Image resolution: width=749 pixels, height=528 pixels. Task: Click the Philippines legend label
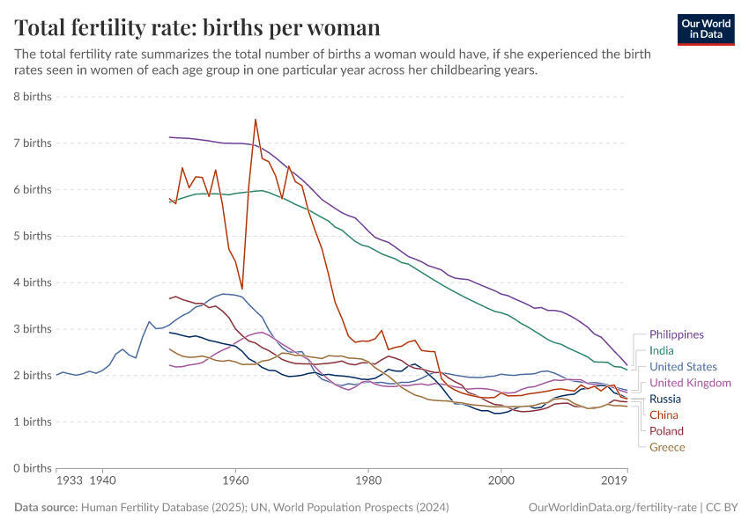[x=676, y=334]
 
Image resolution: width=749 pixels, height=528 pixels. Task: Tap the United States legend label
[x=683, y=367]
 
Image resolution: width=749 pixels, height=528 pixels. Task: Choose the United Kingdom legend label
[x=690, y=383]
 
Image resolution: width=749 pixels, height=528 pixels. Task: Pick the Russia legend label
[x=665, y=399]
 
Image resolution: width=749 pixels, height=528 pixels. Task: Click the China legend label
[x=664, y=414]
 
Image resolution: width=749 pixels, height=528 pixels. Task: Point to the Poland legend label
[x=666, y=431]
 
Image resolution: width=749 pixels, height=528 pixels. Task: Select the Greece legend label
[x=667, y=447]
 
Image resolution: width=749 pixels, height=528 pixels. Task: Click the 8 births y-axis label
[x=31, y=96]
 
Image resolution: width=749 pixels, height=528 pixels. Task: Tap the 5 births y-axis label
[x=31, y=236]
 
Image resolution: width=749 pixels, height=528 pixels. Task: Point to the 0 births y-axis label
[x=31, y=468]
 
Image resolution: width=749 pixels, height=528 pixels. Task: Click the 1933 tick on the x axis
[x=70, y=481]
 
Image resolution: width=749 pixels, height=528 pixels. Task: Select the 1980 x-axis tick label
[x=368, y=481]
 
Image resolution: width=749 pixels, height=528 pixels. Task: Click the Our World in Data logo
[x=706, y=28]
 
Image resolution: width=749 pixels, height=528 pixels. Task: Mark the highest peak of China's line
[x=256, y=120]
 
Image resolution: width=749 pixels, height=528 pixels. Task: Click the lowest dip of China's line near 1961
[x=241, y=288]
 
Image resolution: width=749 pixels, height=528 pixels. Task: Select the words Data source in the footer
[x=46, y=508]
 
